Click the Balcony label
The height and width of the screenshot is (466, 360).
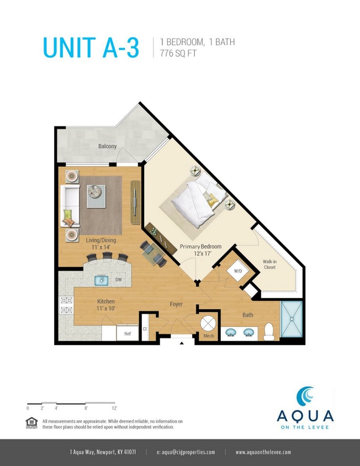(x=108, y=146)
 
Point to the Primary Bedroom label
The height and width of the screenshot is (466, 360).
(x=200, y=246)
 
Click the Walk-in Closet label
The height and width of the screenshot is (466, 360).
(x=269, y=264)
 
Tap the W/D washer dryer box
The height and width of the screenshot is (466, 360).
(x=239, y=271)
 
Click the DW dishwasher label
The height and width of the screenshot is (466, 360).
(x=118, y=280)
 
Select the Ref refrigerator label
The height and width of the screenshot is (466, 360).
(x=127, y=333)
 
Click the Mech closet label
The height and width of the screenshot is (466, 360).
(x=208, y=335)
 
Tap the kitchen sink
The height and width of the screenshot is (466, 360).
(x=101, y=280)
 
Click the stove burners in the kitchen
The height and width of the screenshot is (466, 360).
(x=66, y=305)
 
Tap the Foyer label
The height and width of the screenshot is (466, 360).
(x=176, y=304)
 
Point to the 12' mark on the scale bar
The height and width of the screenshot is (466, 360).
(x=114, y=408)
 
